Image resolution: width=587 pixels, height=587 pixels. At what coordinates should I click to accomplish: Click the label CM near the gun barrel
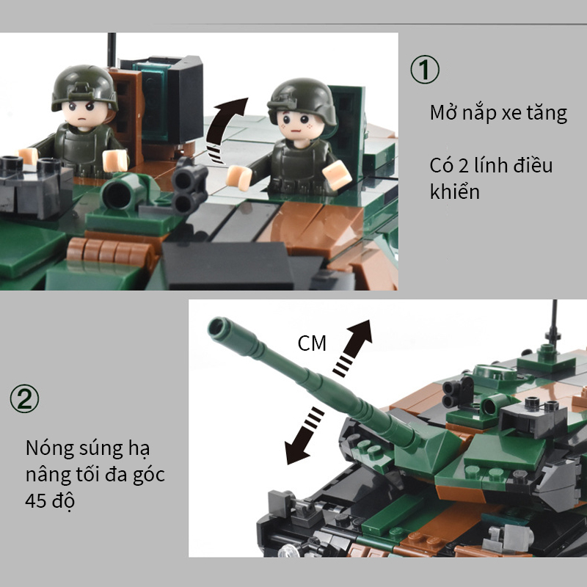coord(312,343)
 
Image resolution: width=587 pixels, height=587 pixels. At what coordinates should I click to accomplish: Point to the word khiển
coord(454,192)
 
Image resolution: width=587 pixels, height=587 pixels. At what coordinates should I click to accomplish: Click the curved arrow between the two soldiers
coord(226,128)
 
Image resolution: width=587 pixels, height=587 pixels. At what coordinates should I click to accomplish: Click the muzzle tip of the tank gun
coord(219,327)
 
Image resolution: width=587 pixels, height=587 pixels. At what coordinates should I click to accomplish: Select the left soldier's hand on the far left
coord(29,156)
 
